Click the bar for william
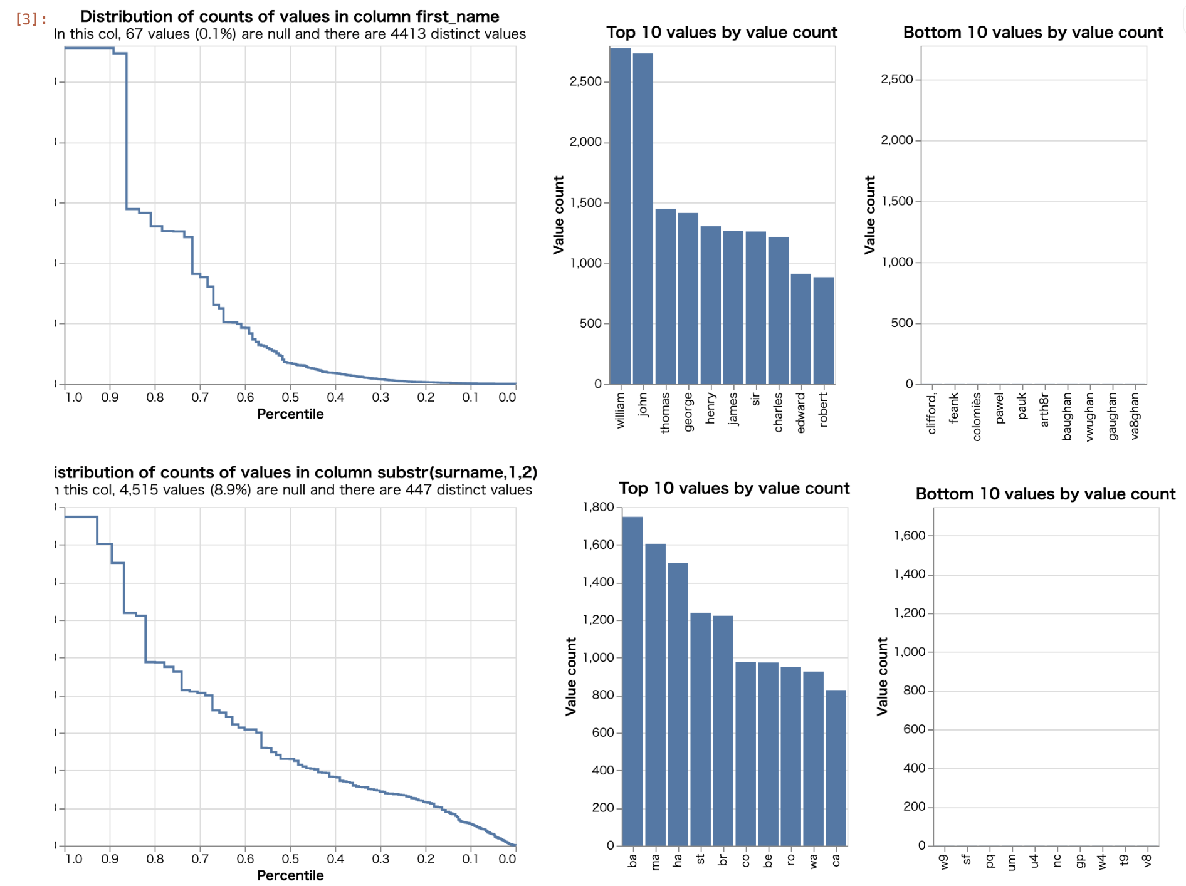point(620,216)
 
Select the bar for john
point(643,219)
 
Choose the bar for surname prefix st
point(700,729)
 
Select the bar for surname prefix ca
point(836,768)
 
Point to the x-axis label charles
point(778,412)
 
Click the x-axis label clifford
point(931,413)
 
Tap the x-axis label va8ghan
point(1135,416)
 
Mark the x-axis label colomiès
point(977,417)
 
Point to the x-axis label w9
point(944,862)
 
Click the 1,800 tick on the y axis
point(598,507)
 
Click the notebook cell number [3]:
point(31,19)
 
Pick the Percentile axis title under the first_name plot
point(290,414)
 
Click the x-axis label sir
point(755,399)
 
